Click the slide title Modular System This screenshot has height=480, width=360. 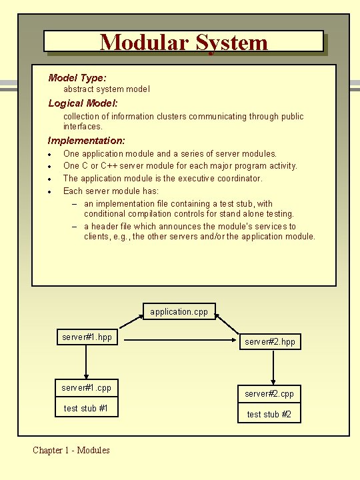tap(183, 43)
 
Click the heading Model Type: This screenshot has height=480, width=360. tap(77, 78)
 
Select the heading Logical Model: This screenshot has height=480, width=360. tap(83, 103)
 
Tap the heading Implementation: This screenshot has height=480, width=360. tap(86, 141)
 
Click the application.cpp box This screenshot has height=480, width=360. tap(179, 311)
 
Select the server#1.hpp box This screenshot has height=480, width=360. tap(87, 337)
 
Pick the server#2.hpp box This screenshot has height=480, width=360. tap(269, 342)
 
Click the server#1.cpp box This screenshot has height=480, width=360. tap(87, 387)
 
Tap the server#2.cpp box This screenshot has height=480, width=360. tap(269, 394)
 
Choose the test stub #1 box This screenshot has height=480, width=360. tap(87, 408)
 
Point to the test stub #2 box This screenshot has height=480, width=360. tap(269, 414)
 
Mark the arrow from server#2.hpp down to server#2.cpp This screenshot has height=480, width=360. tap(273, 367)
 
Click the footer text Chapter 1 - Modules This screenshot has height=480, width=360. tap(71, 450)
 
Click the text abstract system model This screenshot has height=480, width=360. tap(107, 89)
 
